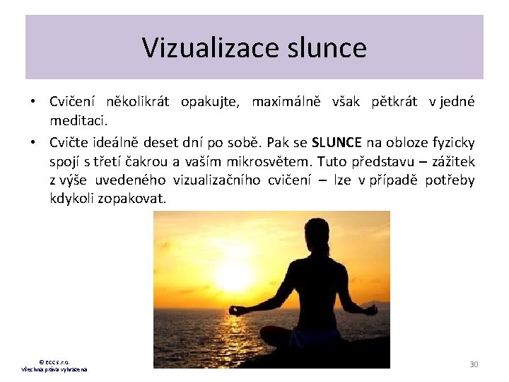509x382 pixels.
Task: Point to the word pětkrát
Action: pyautogui.click(x=397, y=102)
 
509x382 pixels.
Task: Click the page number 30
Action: pyautogui.click(x=474, y=364)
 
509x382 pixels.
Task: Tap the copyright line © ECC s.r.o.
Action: pyautogui.click(x=54, y=361)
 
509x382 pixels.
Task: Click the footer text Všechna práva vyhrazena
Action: pyautogui.click(x=54, y=369)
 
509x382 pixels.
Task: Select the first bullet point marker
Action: pyautogui.click(x=33, y=102)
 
